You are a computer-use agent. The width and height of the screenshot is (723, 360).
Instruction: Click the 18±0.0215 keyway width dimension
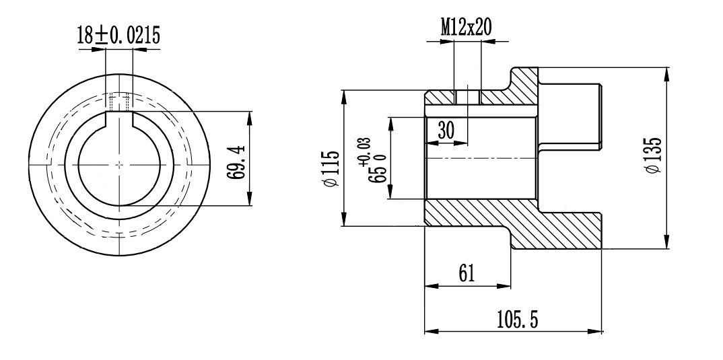pos(119,36)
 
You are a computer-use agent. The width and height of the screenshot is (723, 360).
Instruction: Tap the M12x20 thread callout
pos(466,28)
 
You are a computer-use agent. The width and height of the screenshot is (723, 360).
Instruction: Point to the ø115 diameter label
pos(332,169)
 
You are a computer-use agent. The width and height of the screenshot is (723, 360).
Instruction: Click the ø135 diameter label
pos(654,154)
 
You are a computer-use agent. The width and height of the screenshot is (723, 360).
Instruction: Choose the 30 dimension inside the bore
pos(446,131)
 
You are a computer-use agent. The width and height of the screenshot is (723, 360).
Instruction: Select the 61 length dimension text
pos(467,273)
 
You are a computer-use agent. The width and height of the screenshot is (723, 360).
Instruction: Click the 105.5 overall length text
pos(518,319)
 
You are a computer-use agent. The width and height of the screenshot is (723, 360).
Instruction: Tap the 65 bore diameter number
pos(377,173)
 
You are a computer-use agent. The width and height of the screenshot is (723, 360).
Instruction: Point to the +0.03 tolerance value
pos(365,151)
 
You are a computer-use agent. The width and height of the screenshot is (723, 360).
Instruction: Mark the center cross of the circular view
pos(119,164)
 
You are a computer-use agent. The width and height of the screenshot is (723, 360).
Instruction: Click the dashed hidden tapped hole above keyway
pos(119,102)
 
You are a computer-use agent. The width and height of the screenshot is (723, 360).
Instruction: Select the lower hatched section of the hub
pos(512,223)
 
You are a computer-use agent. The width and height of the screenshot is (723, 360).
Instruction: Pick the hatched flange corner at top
pos(524,86)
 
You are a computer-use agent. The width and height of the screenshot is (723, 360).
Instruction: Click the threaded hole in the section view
pos(468,98)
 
